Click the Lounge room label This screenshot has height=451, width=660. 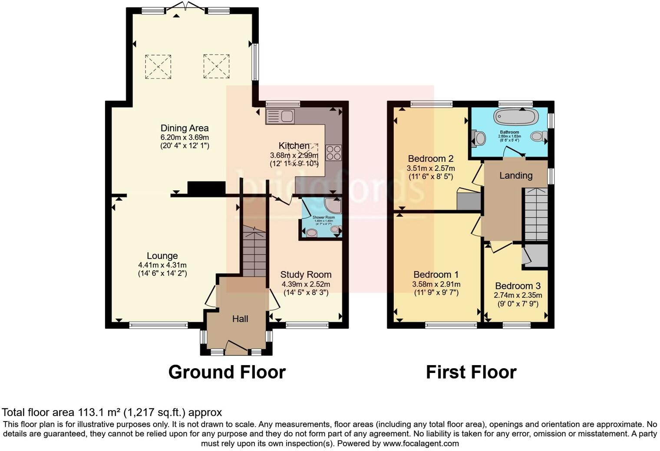tap(162, 256)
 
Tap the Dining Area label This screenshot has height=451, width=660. tap(185, 128)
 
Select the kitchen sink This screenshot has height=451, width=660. tap(280, 116)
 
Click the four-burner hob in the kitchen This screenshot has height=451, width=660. tap(333, 153)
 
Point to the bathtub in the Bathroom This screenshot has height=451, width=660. tap(516, 117)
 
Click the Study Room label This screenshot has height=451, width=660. tap(306, 275)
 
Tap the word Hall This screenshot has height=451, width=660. tap(240, 319)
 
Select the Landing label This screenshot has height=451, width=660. tap(515, 176)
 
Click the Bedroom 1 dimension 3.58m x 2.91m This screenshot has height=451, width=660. tap(436, 284)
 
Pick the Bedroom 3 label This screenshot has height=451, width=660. tap(518, 286)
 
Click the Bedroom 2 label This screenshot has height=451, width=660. tap(431, 158)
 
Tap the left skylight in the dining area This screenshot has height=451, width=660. tap(158, 66)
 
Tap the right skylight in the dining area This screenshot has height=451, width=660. tap(216, 66)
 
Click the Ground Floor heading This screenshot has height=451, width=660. tap(227, 372)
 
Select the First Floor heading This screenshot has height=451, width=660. tap(471, 372)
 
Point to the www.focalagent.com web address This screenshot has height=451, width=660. tap(420, 444)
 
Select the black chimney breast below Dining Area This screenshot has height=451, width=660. tap(206, 188)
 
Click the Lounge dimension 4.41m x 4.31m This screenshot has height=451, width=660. tap(162, 265)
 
